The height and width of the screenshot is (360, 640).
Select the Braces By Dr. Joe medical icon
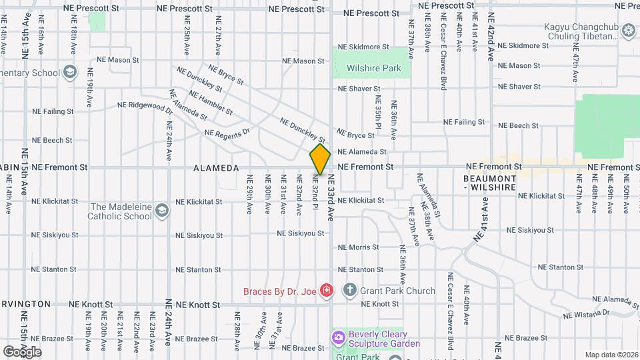pyautogui.click(x=327, y=290)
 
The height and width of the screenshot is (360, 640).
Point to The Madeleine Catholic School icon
pyautogui.click(x=161, y=211)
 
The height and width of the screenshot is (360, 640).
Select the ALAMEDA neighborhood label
pyautogui.click(x=216, y=169)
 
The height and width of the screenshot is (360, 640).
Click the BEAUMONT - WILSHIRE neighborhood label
pyautogui.click(x=490, y=183)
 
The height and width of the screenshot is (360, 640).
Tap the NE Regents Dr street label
pyautogui.click(x=227, y=132)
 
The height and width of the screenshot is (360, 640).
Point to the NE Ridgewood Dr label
pyautogui.click(x=145, y=105)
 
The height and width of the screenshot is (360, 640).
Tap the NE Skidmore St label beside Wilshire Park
pyautogui.click(x=363, y=47)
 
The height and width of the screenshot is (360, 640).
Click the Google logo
pyautogui.click(x=22, y=351)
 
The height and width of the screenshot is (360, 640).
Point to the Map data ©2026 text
pyautogui.click(x=611, y=355)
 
